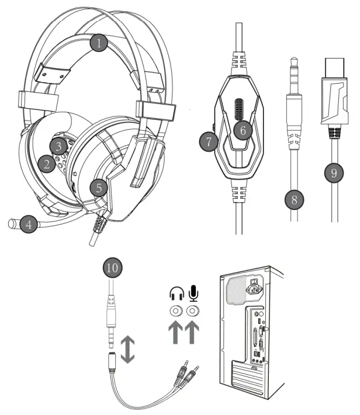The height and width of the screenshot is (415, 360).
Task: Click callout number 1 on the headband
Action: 100,43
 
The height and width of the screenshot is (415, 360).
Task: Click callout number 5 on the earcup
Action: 99,188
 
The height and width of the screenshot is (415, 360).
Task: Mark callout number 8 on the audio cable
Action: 295,199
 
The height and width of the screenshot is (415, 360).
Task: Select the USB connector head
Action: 334,97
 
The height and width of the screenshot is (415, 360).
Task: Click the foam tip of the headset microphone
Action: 12,223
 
